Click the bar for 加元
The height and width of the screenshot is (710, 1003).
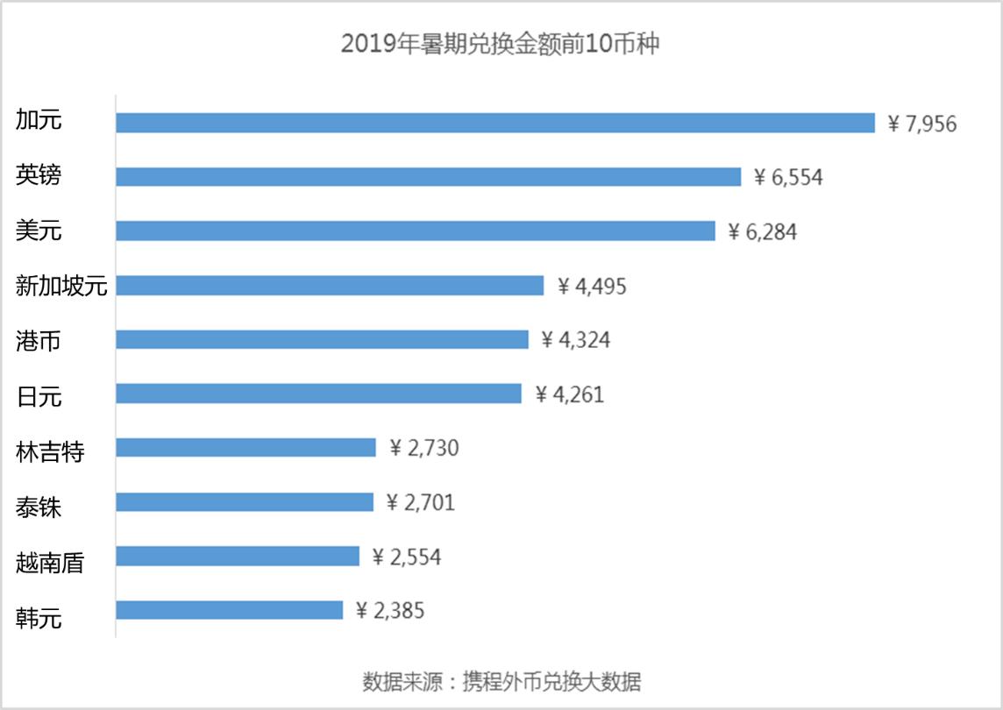(495, 123)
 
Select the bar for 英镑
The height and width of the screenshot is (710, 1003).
(429, 177)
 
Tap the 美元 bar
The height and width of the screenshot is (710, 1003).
(416, 231)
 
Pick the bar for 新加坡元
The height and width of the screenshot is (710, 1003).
(330, 286)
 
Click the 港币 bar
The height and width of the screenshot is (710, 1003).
(322, 340)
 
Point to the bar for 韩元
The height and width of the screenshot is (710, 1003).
(229, 610)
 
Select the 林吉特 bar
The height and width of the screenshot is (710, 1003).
(245, 448)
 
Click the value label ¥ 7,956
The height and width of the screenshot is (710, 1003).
(921, 124)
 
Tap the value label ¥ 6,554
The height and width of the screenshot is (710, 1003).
(788, 178)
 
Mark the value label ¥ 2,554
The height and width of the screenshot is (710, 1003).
(406, 557)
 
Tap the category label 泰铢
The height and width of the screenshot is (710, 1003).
(39, 505)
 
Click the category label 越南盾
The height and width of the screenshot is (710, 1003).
(50, 561)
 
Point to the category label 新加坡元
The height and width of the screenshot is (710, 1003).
(61, 286)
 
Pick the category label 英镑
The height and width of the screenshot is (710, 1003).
(39, 176)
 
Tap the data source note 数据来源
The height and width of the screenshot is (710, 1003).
(501, 681)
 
